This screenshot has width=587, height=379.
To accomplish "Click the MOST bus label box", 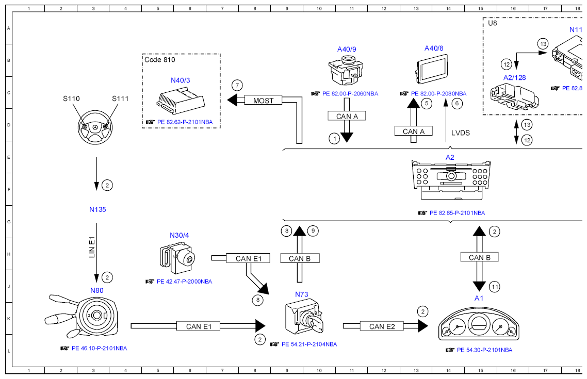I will pos(263,101).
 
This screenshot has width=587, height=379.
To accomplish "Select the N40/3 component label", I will pos(180,80).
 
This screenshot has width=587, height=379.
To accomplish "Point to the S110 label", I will pos(72,98).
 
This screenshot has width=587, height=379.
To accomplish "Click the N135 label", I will pos(97,210).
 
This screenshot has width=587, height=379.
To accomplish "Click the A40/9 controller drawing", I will pos(346,72).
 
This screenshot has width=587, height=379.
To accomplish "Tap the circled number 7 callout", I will pos(236,85).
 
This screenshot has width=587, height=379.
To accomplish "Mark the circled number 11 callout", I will pos(495,287).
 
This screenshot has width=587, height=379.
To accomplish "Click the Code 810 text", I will pos(160,60).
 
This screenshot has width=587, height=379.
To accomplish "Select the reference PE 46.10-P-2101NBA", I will pos(99,348).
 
